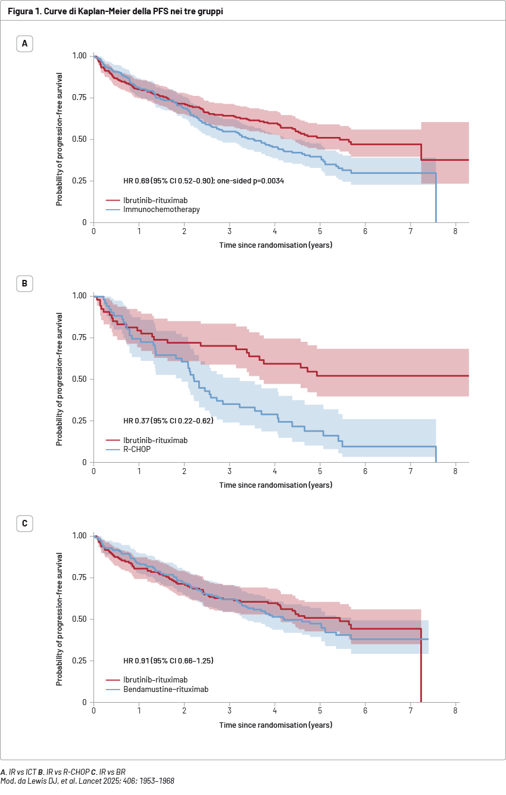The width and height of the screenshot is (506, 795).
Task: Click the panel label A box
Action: pyautogui.click(x=24, y=43)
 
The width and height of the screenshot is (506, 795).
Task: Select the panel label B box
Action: pyautogui.click(x=24, y=283)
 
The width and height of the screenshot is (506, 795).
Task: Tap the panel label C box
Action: pyautogui.click(x=24, y=523)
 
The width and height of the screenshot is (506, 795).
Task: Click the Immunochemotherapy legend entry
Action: pyautogui.click(x=161, y=210)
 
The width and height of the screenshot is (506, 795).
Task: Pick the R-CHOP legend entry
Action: pyautogui.click(x=137, y=450)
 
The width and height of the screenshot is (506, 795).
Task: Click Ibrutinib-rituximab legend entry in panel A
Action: pyautogui.click(x=155, y=201)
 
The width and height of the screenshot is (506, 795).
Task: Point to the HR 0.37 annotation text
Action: pyautogui.click(x=168, y=421)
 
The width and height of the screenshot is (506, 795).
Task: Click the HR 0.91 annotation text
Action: pyautogui.click(x=168, y=661)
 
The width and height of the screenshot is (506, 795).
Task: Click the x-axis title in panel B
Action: pyautogui.click(x=276, y=485)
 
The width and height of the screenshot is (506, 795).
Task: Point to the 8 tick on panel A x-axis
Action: pyautogui.click(x=455, y=231)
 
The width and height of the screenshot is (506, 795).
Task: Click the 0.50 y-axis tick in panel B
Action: pyautogui.click(x=80, y=379)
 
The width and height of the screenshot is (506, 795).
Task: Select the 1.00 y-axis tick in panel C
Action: pyautogui.click(x=80, y=536)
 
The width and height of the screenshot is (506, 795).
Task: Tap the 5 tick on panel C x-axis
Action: pyautogui.click(x=320, y=711)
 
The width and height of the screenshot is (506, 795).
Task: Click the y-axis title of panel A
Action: pyautogui.click(x=60, y=139)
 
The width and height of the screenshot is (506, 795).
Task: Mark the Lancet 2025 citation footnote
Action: pyautogui.click(x=88, y=781)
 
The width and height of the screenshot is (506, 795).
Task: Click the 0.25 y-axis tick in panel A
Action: pyautogui.click(x=80, y=181)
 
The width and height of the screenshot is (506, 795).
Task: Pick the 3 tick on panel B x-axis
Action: pyautogui.click(x=229, y=471)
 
